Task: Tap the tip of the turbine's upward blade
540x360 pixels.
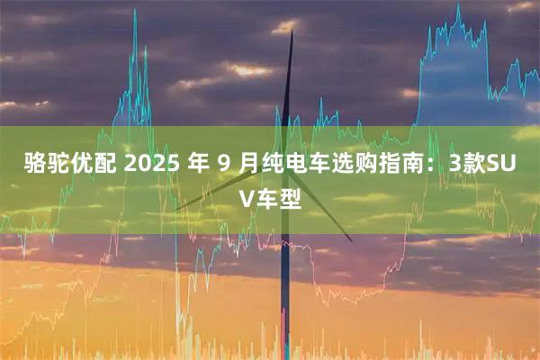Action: pos(292,32)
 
